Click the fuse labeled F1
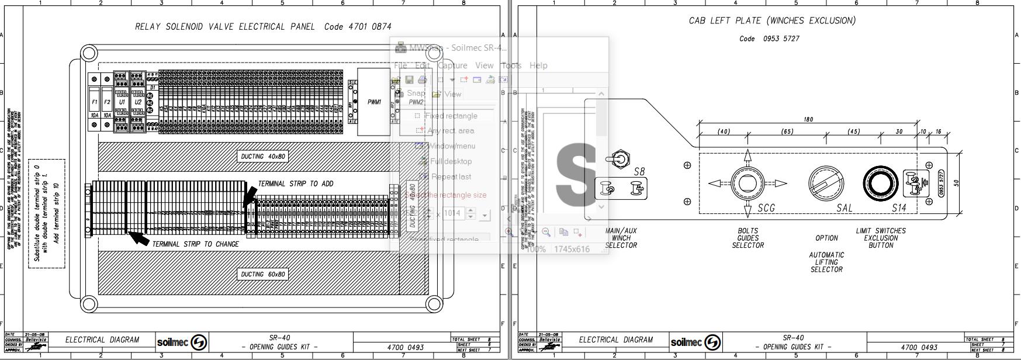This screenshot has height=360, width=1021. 95,102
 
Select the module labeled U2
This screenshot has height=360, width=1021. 138,102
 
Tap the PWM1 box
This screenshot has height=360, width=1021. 374,102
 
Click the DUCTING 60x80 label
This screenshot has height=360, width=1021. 263,274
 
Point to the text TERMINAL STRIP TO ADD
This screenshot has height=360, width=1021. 296,184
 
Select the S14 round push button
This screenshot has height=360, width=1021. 881,183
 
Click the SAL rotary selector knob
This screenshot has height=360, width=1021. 826,183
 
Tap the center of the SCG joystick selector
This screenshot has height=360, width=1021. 747,183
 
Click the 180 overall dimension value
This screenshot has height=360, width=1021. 808,119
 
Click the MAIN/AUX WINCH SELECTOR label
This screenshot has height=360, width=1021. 621,238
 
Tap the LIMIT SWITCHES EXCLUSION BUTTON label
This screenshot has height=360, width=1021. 881,238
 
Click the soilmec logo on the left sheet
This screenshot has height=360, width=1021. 182,342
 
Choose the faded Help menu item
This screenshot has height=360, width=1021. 538,65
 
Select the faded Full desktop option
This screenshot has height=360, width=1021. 451,161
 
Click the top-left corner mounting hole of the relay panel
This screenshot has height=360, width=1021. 89,54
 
